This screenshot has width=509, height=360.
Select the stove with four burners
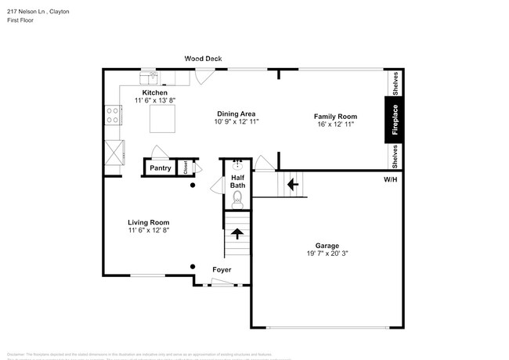(113, 116)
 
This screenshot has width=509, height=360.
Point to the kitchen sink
(149, 77)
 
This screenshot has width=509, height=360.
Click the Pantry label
(161, 167)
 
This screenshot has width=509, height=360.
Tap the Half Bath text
(237, 181)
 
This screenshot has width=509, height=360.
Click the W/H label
(390, 180)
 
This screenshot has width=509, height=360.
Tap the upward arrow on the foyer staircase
(237, 234)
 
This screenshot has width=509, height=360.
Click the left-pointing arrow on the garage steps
(293, 185)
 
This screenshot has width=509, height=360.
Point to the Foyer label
(222, 270)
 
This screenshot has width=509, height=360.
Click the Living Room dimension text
(149, 230)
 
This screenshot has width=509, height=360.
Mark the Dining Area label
(236, 113)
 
